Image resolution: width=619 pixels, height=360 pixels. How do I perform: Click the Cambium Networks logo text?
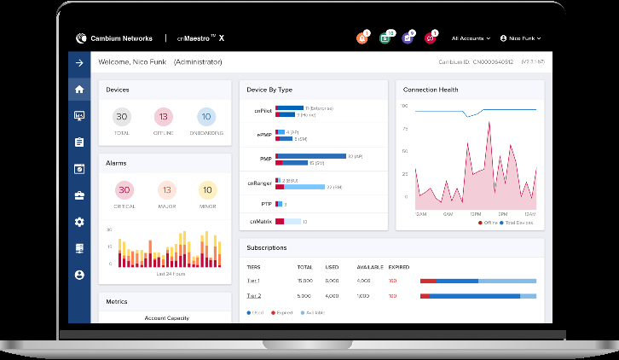120,38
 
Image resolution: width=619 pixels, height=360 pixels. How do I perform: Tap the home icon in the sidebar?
79,89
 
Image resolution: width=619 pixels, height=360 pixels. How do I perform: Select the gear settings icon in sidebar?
79,222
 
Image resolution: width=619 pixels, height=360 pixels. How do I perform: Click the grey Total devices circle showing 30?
122,117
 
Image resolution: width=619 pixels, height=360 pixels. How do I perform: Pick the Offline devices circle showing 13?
164,117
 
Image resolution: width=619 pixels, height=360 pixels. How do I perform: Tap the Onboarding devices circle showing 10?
206,117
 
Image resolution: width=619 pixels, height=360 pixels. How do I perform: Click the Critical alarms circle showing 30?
124,190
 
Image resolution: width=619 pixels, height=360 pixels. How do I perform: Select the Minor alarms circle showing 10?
207,190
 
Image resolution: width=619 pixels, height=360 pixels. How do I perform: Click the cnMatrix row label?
260,222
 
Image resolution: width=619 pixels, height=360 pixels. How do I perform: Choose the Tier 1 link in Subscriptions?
253,280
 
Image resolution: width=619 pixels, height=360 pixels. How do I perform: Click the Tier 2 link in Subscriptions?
253,295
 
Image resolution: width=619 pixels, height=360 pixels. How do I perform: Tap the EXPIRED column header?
399,266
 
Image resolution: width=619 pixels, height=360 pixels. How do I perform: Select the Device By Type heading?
269,90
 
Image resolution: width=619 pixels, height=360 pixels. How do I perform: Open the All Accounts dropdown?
471,38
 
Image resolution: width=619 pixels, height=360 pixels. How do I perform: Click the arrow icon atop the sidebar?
79,62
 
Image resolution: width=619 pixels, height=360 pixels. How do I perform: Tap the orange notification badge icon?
362,38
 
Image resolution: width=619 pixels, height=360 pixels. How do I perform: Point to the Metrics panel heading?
117,301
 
